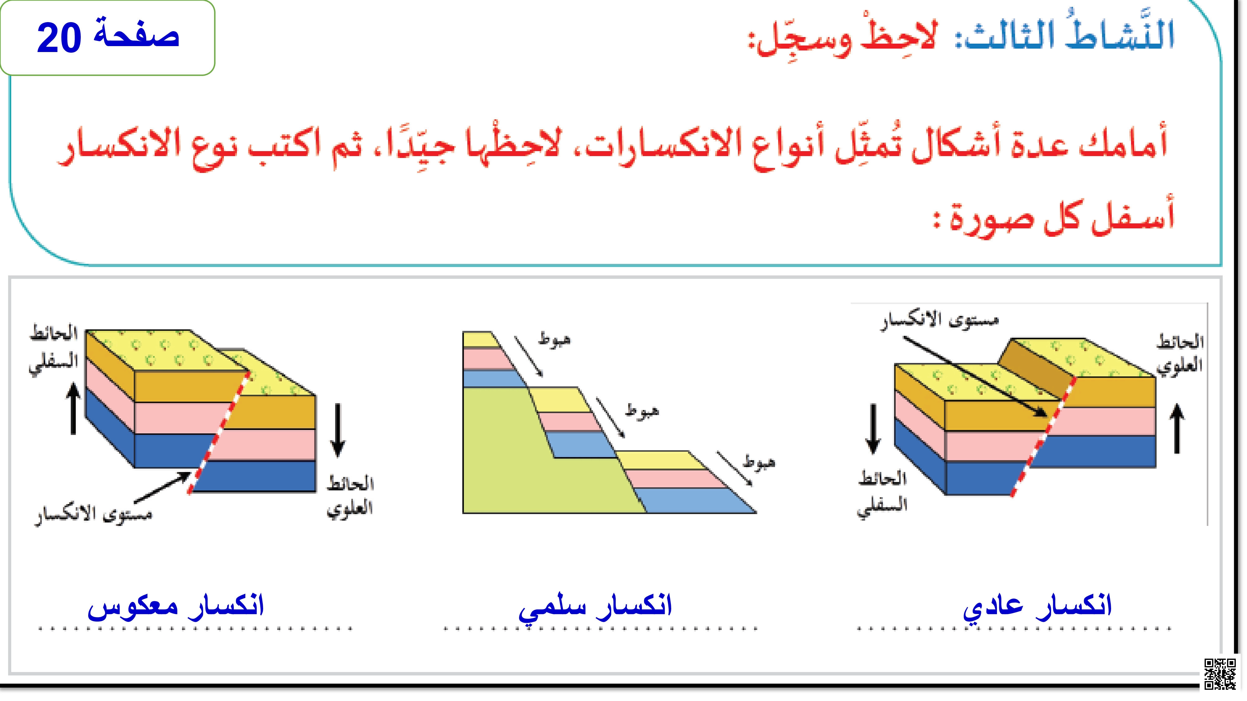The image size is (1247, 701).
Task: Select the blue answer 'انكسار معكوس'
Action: (176, 606)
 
